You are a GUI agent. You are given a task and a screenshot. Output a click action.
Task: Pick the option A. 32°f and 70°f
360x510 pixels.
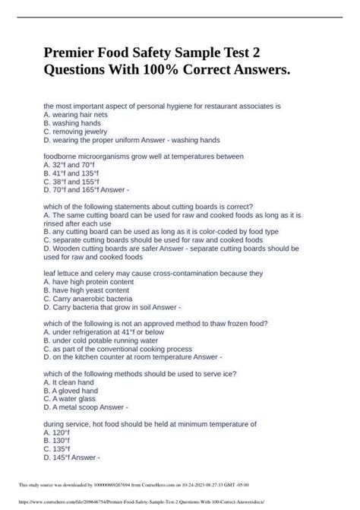click(69, 163)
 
